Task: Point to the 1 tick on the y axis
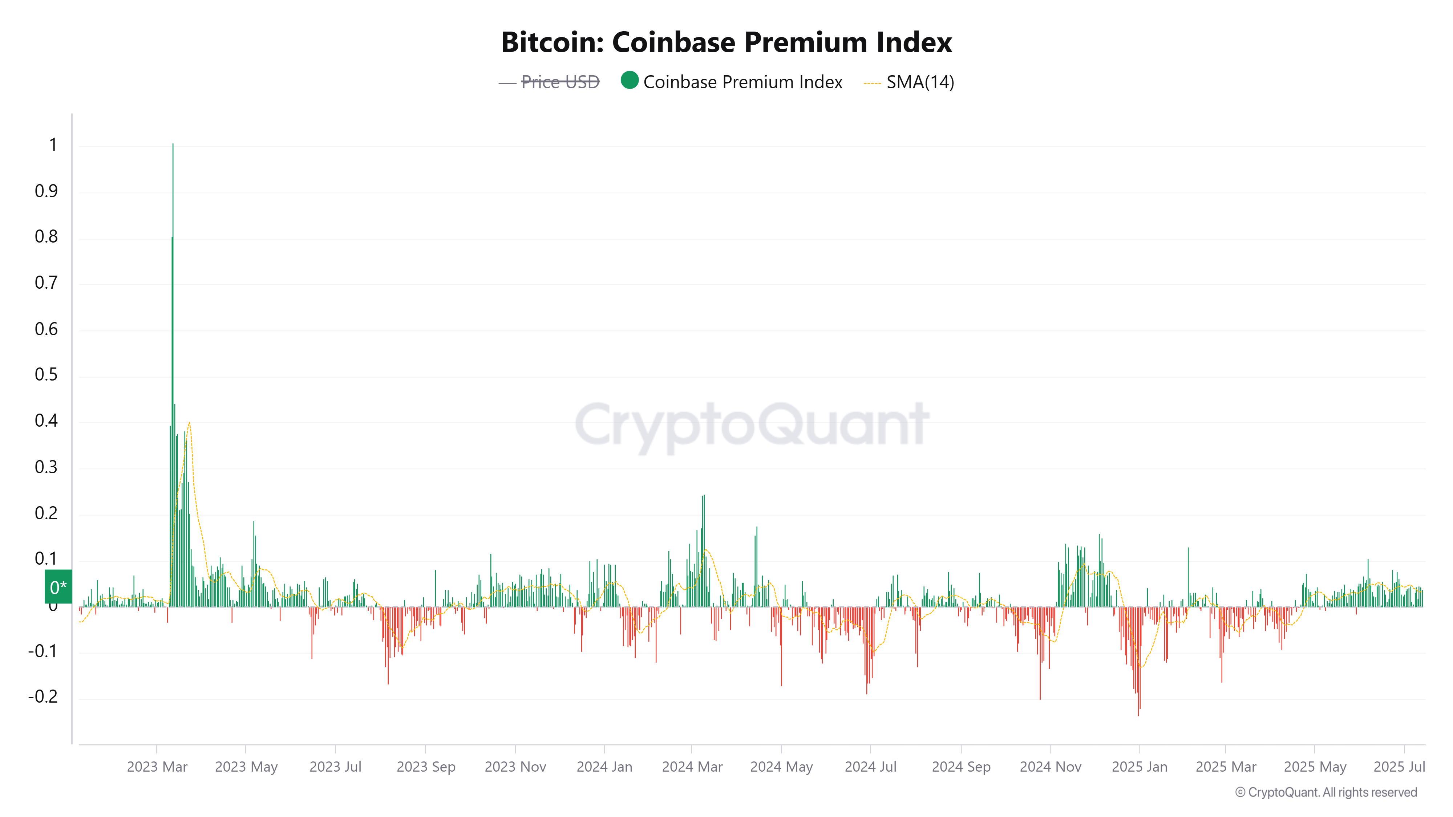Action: pyautogui.click(x=53, y=146)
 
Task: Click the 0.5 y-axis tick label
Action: pyautogui.click(x=46, y=375)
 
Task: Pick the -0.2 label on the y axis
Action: pyautogui.click(x=43, y=697)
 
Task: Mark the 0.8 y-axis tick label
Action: pyautogui.click(x=46, y=237)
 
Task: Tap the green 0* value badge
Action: pyautogui.click(x=58, y=587)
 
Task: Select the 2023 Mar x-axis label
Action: pyautogui.click(x=157, y=767)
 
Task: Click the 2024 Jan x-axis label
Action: pyautogui.click(x=604, y=767)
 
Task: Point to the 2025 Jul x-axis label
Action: pyautogui.click(x=1399, y=767)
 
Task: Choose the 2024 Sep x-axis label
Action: pyautogui.click(x=960, y=767)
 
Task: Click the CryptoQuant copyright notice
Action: pyautogui.click(x=1325, y=792)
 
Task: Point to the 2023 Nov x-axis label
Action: pyautogui.click(x=515, y=767)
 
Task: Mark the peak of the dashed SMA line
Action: pyautogui.click(x=190, y=423)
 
